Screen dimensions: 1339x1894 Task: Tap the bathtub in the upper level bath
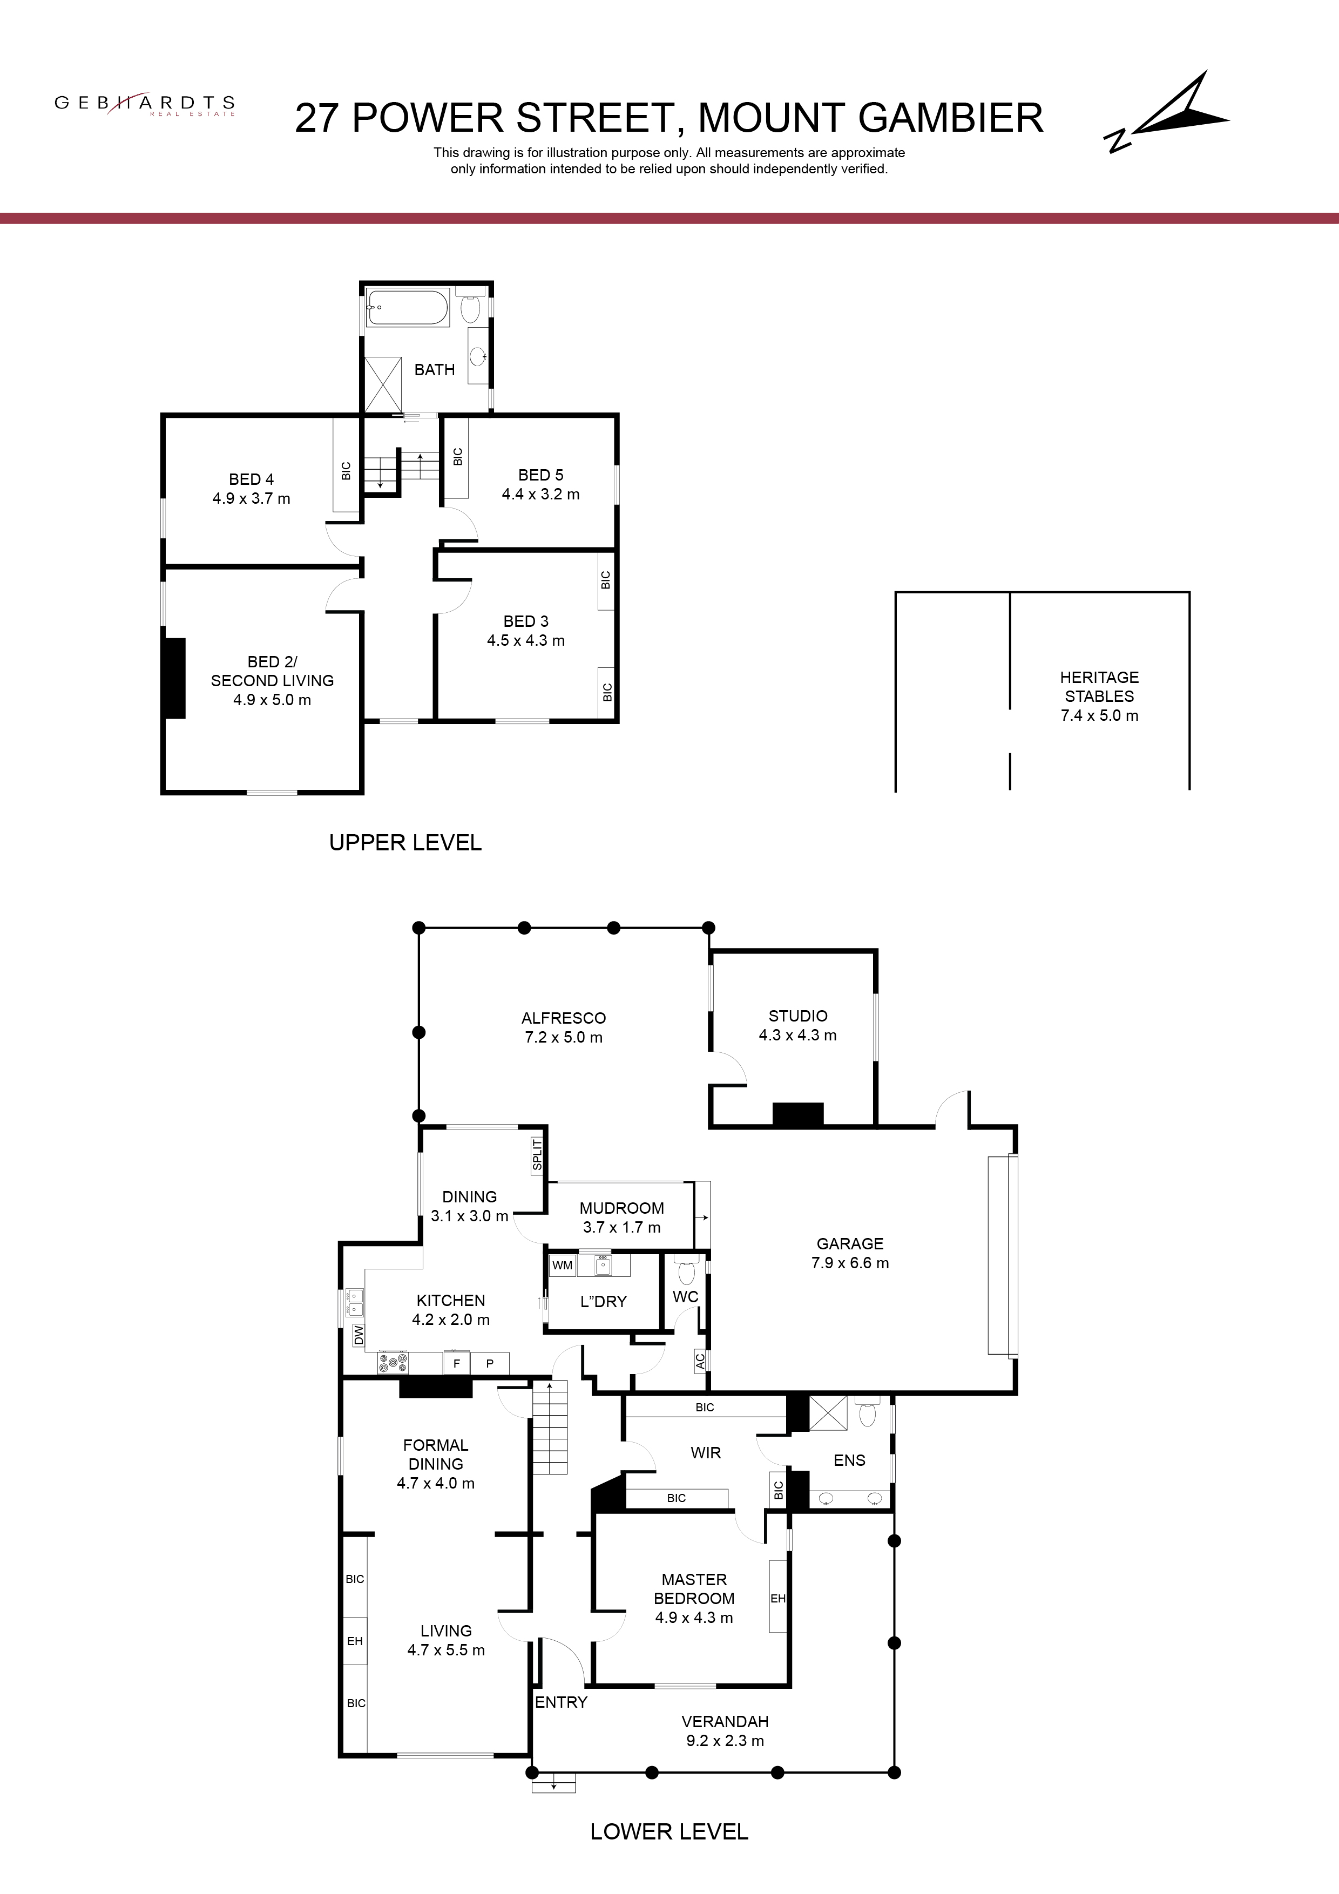tap(408, 308)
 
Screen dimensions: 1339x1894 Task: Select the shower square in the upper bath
tap(382, 383)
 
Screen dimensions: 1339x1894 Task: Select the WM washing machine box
tap(563, 1264)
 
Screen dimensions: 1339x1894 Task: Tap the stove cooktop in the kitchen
tap(393, 1363)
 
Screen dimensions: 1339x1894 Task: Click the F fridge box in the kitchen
tap(456, 1364)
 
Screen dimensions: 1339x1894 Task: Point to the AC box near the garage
tap(700, 1361)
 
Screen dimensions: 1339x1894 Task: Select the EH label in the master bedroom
tap(777, 1598)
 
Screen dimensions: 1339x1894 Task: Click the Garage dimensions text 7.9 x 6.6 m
tap(850, 1262)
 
